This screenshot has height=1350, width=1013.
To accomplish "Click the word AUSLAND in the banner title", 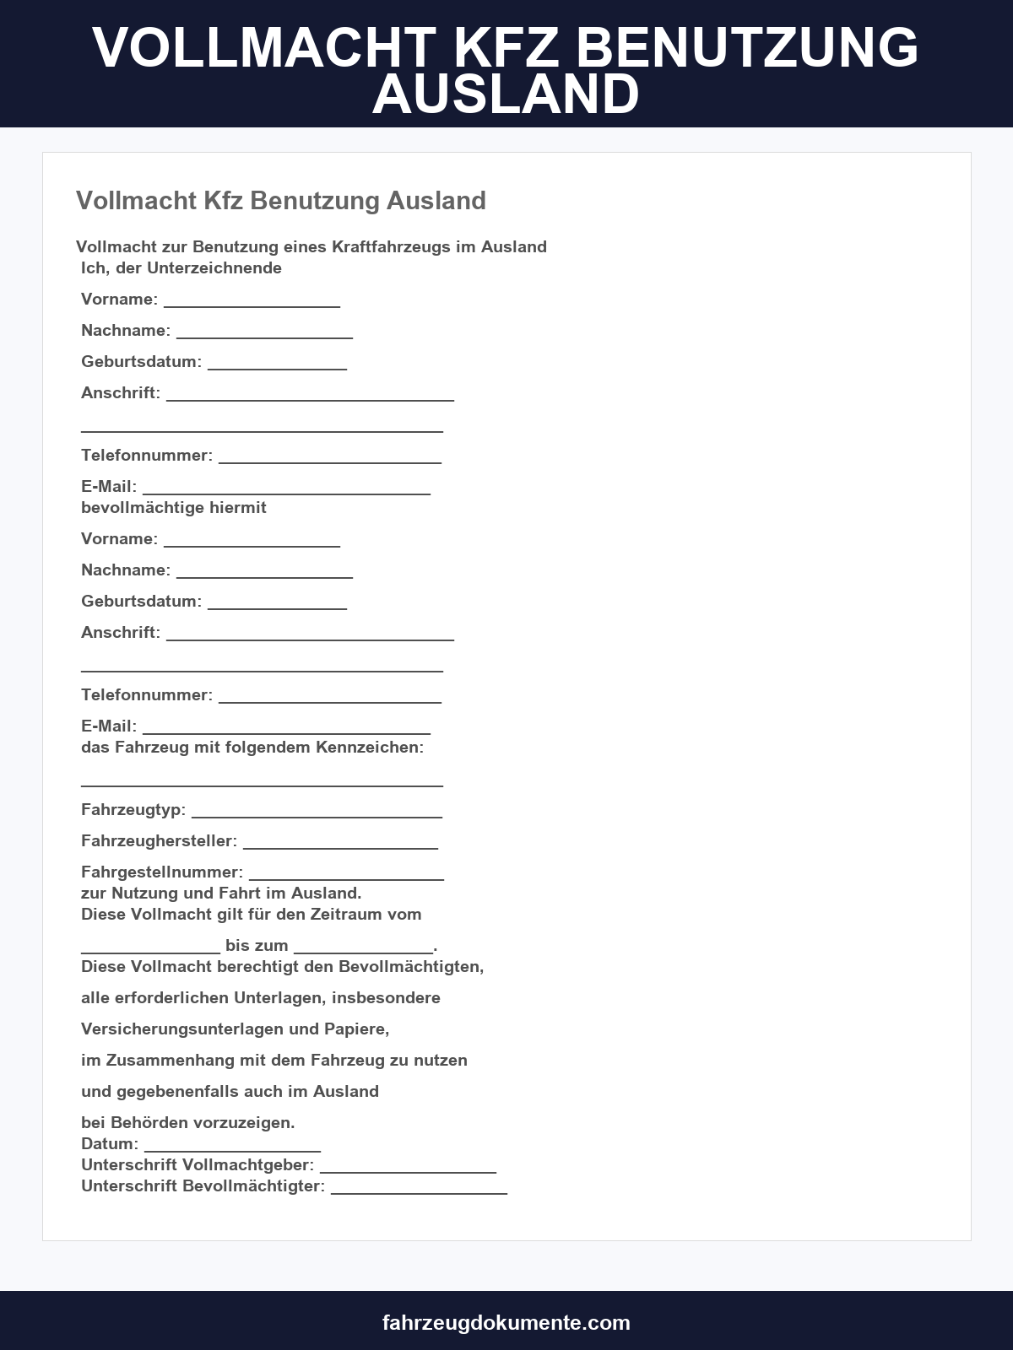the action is [x=506, y=94].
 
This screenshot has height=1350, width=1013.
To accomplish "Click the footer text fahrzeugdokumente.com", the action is [x=506, y=1322].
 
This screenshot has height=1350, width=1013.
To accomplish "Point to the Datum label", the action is [x=110, y=1144].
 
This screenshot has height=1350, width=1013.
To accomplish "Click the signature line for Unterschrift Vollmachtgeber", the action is [x=408, y=1169].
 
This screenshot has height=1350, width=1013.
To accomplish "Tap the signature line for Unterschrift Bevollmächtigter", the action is [x=419, y=1190].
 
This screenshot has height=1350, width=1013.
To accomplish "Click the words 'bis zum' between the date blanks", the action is [x=257, y=946].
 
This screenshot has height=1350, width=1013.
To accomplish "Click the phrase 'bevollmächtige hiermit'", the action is [x=174, y=508].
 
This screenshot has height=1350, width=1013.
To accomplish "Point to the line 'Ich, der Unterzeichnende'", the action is [x=181, y=268].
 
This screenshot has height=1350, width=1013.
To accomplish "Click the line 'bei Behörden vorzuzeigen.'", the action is [x=188, y=1123].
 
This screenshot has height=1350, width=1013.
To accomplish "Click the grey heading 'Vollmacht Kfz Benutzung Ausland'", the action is [x=281, y=201].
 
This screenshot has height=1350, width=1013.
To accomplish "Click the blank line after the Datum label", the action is [x=232, y=1147].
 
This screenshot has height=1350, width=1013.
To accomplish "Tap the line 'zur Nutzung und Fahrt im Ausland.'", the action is [x=221, y=894].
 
